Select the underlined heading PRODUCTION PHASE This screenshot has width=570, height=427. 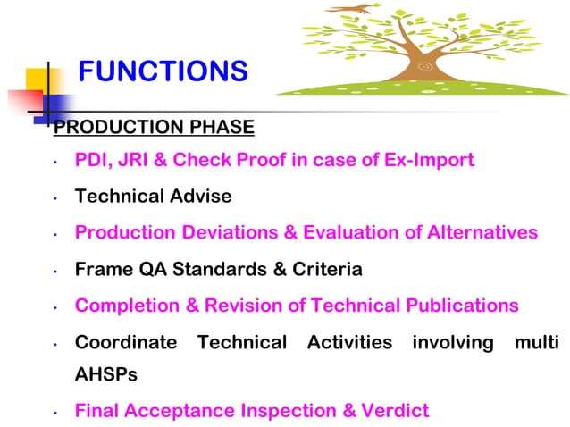154,128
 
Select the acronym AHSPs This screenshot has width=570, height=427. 106,375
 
